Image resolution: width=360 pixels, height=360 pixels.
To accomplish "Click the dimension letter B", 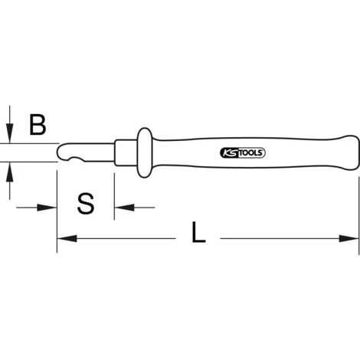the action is [x=38, y=125].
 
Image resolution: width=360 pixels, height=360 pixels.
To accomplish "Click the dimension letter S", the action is [x=86, y=204].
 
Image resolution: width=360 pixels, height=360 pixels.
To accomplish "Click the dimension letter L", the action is [x=198, y=232].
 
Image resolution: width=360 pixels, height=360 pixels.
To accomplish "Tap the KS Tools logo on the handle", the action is [x=243, y=153].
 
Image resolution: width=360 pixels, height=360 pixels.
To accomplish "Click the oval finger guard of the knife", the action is [x=145, y=152].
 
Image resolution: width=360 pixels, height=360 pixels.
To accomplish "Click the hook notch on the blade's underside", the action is [x=77, y=159].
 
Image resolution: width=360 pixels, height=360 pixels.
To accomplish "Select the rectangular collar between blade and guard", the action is [x=126, y=152].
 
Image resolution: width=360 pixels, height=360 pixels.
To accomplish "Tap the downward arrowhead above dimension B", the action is [x=10, y=133].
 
